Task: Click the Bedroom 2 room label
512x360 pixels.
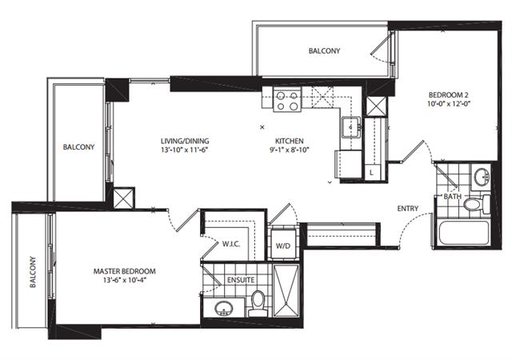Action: [448, 95]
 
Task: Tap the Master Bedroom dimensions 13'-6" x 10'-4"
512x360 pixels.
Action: [125, 280]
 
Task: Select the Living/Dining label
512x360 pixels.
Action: [185, 141]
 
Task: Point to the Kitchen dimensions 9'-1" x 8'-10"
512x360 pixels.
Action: [290, 150]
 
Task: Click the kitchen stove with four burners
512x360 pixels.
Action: [287, 100]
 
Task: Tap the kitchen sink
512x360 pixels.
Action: [351, 127]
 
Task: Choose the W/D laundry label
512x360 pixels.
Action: [282, 246]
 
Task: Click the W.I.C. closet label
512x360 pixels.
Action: [231, 244]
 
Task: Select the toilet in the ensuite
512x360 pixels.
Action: [258, 304]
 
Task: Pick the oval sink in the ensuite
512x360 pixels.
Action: [224, 308]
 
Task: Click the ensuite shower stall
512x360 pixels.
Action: [286, 290]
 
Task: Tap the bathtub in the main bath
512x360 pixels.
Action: [464, 233]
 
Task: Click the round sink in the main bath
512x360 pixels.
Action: [482, 177]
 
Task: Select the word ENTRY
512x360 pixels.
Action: [408, 209]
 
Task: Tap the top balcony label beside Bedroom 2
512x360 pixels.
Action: [324, 51]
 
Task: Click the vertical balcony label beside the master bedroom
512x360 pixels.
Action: [33, 272]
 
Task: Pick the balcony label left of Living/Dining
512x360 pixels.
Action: [78, 147]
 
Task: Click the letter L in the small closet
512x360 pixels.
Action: [371, 173]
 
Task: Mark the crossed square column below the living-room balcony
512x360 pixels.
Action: [123, 198]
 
